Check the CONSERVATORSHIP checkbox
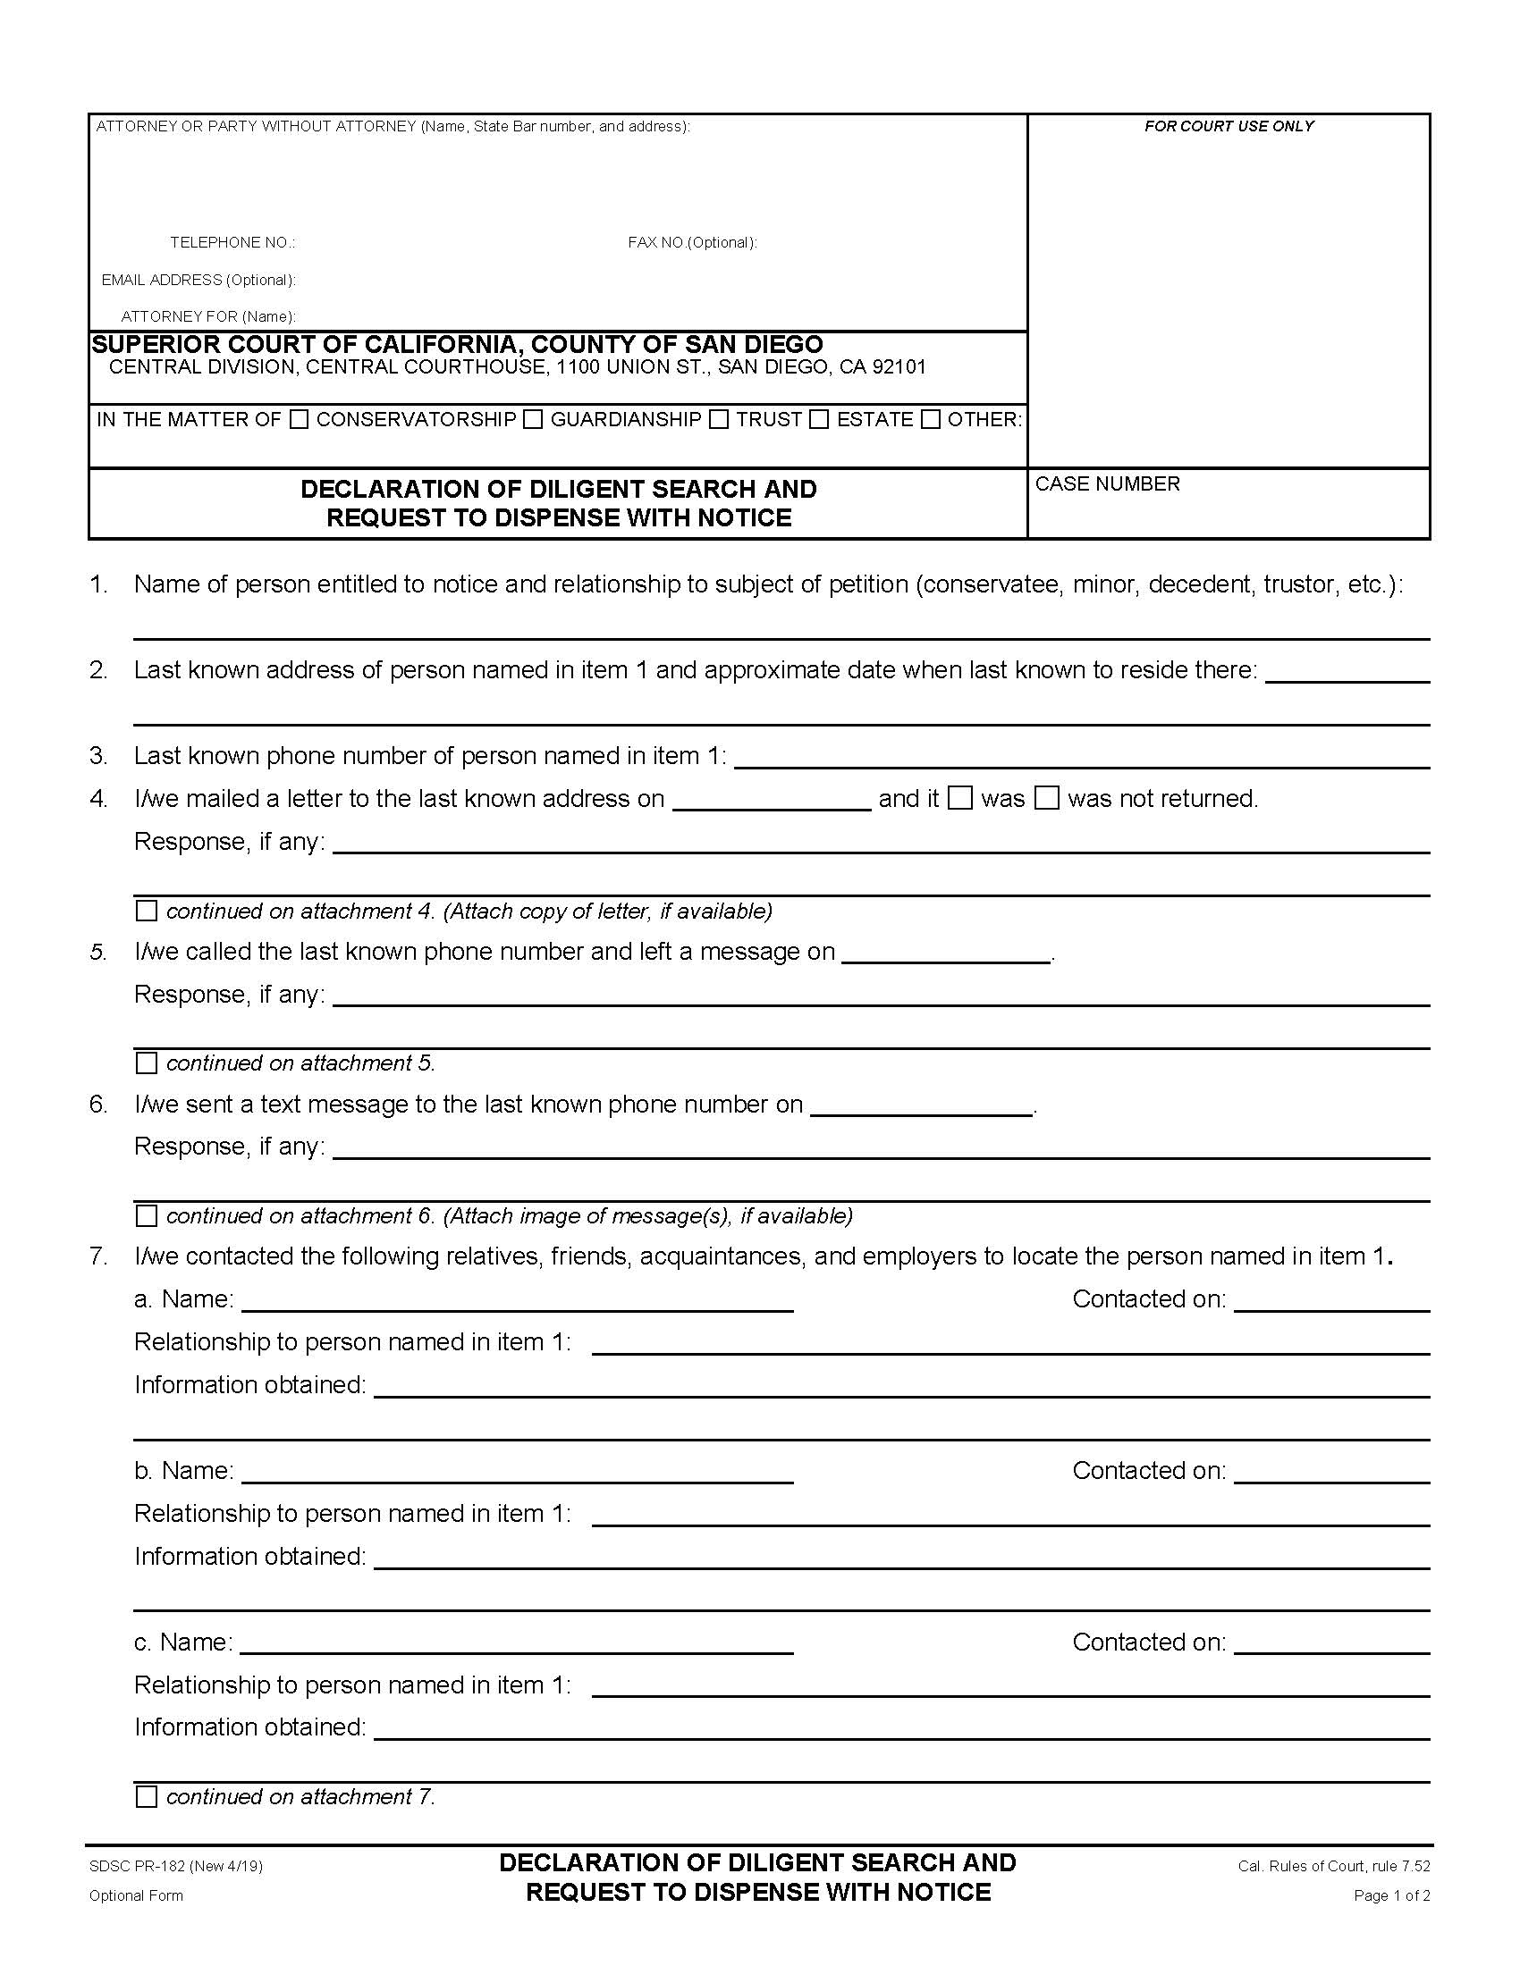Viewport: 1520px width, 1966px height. pos(299,419)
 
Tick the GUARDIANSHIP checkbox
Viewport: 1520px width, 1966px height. pos(533,419)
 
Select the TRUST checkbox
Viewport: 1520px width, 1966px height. pos(719,419)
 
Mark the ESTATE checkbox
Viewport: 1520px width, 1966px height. pos(818,419)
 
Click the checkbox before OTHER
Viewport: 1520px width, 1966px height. pos(930,419)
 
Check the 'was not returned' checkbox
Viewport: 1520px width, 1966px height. pos(1046,798)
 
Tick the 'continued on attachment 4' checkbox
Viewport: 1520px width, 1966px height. pos(146,911)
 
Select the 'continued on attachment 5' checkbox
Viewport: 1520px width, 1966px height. pos(146,1063)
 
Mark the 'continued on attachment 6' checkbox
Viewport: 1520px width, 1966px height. pos(146,1216)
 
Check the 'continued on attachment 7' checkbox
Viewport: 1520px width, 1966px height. pos(146,1797)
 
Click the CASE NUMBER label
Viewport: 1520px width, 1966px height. pos(1107,484)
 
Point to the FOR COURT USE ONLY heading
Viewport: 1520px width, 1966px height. pos(1229,127)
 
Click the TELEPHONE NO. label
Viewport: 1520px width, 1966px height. pos(232,243)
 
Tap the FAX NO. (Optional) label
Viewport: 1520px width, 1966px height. pos(691,243)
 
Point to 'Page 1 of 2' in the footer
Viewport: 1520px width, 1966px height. pos(1391,1895)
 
